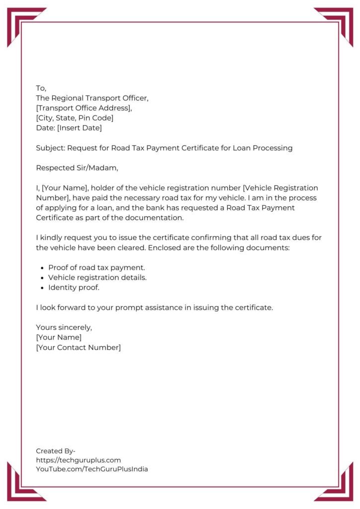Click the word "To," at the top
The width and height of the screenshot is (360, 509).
coord(41,88)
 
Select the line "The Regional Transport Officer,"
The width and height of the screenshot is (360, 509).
coord(92,98)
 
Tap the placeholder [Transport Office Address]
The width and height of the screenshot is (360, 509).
coord(84,108)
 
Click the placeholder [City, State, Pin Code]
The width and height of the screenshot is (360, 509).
coord(75,118)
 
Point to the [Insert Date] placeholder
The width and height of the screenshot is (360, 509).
coord(80,128)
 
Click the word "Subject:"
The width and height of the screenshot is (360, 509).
coord(50,148)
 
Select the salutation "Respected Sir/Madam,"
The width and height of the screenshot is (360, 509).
coord(77,168)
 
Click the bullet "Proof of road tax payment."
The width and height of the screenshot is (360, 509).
coord(96,268)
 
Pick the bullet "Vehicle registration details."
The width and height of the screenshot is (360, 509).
coord(97,278)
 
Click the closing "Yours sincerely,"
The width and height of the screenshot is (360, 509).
coord(64,328)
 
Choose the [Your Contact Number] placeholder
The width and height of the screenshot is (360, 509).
coord(78,347)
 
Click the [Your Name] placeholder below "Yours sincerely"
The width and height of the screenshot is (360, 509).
coord(59,338)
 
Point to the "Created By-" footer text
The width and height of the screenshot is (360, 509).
coord(56,451)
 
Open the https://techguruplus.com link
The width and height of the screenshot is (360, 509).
coord(78,460)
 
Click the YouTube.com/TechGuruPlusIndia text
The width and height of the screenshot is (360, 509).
coord(92,469)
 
